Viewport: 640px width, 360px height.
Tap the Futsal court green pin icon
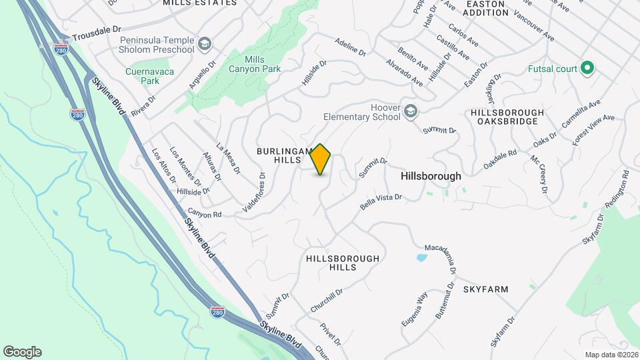pyautogui.click(x=587, y=69)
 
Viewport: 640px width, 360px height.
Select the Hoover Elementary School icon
pyautogui.click(x=411, y=111)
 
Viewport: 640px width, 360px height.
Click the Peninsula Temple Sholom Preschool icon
pyautogui.click(x=205, y=44)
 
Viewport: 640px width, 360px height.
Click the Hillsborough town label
pyautogui.click(x=431, y=176)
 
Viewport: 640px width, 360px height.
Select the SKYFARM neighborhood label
pyautogui.click(x=486, y=289)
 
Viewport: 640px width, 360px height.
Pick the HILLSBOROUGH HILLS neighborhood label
pyautogui.click(x=343, y=263)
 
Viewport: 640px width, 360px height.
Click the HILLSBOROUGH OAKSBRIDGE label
pyautogui.click(x=507, y=117)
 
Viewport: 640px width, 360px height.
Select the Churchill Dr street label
pyautogui.click(x=327, y=301)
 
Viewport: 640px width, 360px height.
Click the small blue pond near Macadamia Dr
pyautogui.click(x=421, y=257)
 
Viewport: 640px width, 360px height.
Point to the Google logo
pyautogui.click(x=22, y=352)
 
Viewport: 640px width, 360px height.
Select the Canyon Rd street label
pyautogui.click(x=208, y=215)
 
